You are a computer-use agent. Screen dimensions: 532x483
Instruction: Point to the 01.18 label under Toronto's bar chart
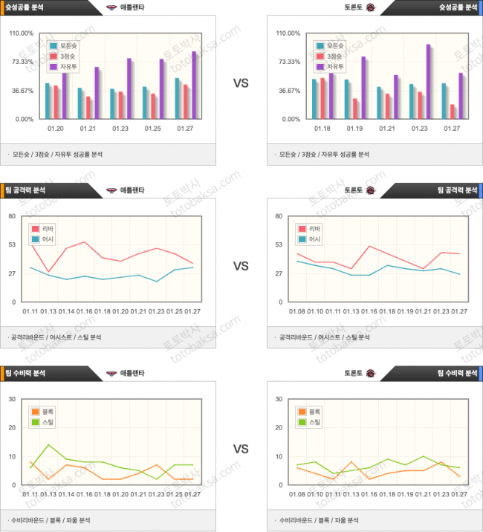322,129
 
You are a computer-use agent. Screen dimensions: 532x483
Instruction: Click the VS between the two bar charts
241,83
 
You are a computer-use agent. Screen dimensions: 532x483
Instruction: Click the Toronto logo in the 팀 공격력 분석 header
370,190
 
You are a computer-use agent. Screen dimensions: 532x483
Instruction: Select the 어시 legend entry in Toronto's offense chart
314,239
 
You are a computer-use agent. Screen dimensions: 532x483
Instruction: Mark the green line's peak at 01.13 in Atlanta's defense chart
48,445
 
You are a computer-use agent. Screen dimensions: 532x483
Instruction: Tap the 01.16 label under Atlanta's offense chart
84,311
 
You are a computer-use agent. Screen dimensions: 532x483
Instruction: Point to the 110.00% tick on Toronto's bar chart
288,33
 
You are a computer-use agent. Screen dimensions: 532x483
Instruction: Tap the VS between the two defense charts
241,449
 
